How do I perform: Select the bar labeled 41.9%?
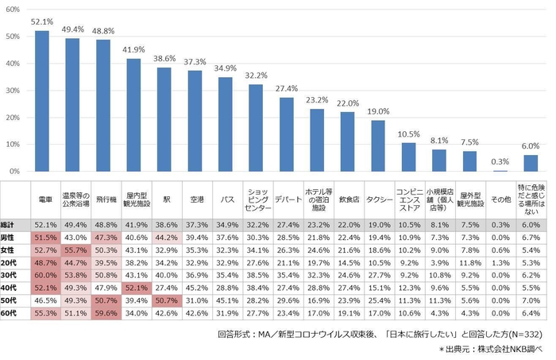[133, 115]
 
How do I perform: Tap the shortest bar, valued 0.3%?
[500, 170]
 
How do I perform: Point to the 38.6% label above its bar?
[164, 59]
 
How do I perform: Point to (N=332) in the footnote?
[523, 335]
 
